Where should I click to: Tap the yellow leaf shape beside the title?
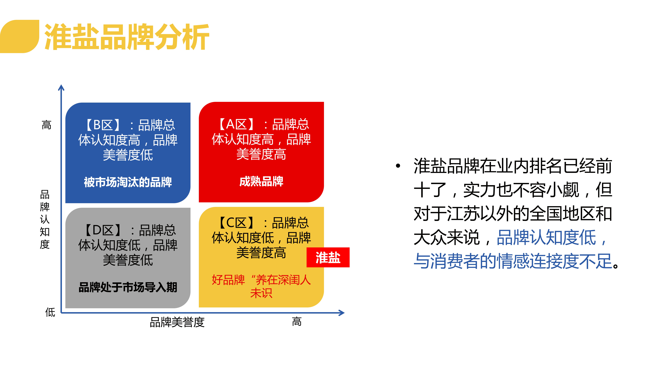click(20, 36)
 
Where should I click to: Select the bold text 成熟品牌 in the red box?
click(261, 181)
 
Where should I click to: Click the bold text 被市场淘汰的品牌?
click(128, 182)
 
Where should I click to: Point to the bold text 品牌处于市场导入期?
click(128, 287)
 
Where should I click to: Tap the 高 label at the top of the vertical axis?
click(47, 125)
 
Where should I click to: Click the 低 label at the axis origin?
click(50, 312)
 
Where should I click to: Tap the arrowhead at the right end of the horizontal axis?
click(342, 313)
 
